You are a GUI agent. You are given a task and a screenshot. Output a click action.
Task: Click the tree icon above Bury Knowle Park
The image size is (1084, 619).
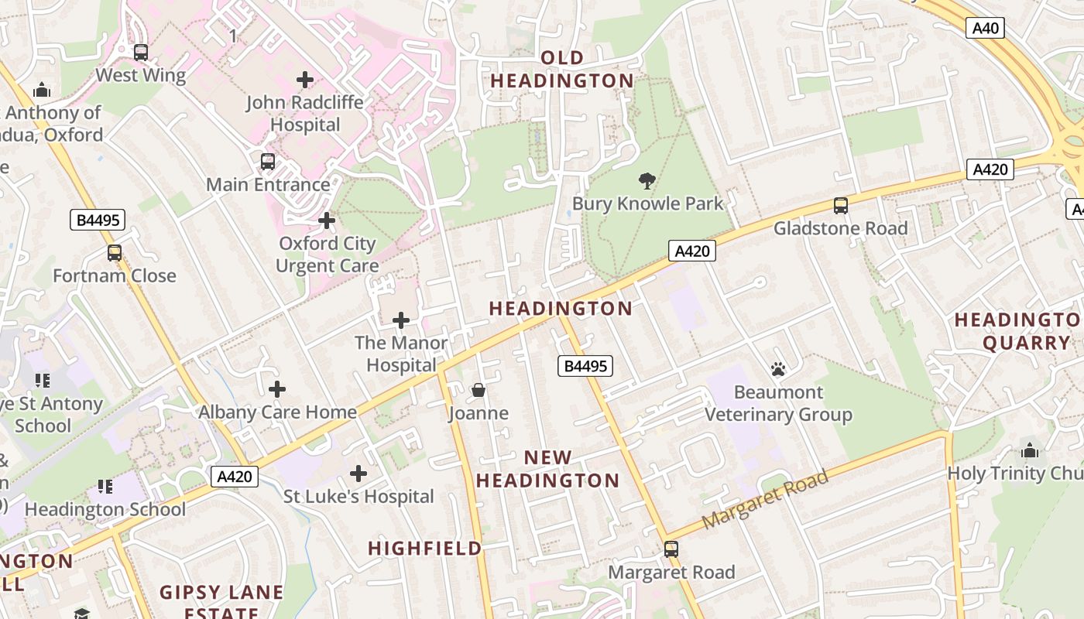647,181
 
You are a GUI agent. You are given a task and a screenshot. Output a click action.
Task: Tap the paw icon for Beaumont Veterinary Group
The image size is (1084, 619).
778,369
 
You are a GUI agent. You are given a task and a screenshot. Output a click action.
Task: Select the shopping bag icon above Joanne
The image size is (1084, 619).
479,390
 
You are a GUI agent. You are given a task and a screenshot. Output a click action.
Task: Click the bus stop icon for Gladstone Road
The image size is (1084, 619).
840,206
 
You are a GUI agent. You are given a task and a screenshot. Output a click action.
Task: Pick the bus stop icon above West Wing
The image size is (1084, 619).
140,53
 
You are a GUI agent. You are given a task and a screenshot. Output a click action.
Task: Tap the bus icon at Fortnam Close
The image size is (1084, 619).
115,253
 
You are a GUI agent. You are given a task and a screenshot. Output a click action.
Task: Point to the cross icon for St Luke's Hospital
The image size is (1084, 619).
358,474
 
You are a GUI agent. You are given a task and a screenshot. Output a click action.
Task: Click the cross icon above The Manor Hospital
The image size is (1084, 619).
401,320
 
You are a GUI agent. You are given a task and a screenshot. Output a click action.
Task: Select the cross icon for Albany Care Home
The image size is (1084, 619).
276,389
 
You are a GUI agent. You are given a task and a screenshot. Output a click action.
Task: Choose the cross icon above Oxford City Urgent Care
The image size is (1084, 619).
327,221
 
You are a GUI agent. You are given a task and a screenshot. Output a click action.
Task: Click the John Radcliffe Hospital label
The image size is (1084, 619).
305,114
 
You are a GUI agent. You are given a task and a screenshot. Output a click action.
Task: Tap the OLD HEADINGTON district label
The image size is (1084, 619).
562,70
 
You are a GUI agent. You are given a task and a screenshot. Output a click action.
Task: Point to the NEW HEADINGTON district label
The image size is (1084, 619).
547,469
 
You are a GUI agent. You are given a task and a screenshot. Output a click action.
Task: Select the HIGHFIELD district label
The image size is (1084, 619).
424,549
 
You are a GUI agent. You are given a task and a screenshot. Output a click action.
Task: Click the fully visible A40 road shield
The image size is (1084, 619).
986,29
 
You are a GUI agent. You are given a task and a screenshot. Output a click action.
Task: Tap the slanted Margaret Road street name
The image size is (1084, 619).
765,500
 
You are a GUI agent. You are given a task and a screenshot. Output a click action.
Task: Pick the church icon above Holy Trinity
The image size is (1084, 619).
1030,450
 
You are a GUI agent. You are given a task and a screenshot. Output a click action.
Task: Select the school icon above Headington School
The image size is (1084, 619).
105,487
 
